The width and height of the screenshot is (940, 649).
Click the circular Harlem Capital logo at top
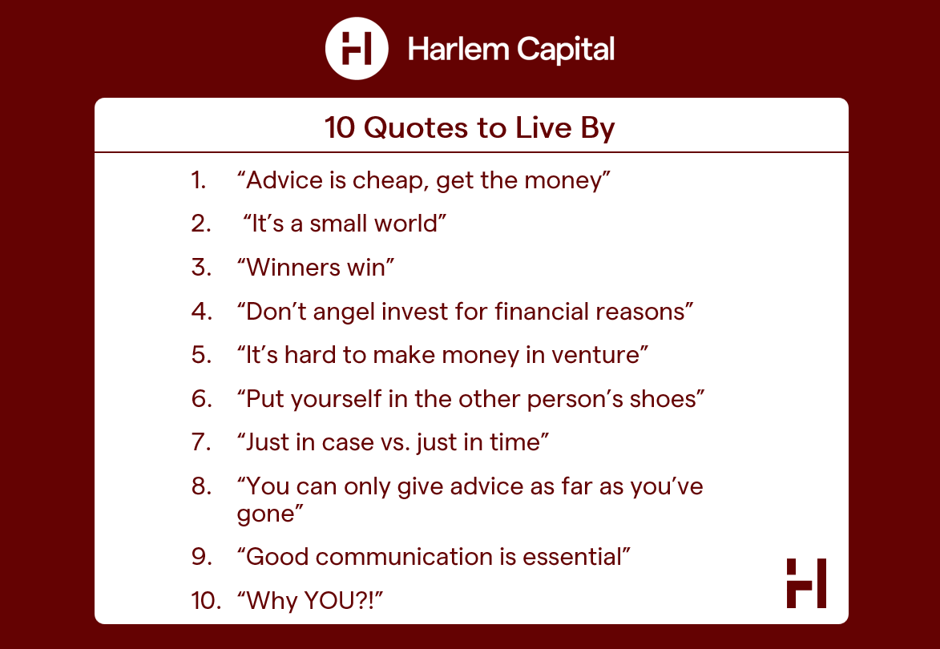coord(357,49)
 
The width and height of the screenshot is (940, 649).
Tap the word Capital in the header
coord(565,49)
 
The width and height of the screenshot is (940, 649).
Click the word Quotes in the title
coord(416,127)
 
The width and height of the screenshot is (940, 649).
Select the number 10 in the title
coord(340,127)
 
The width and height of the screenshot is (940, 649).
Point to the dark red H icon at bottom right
coord(806,583)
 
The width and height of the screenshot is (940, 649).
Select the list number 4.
coord(201,312)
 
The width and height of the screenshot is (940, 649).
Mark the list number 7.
coord(201,442)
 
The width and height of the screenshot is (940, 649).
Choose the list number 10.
coord(206,600)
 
